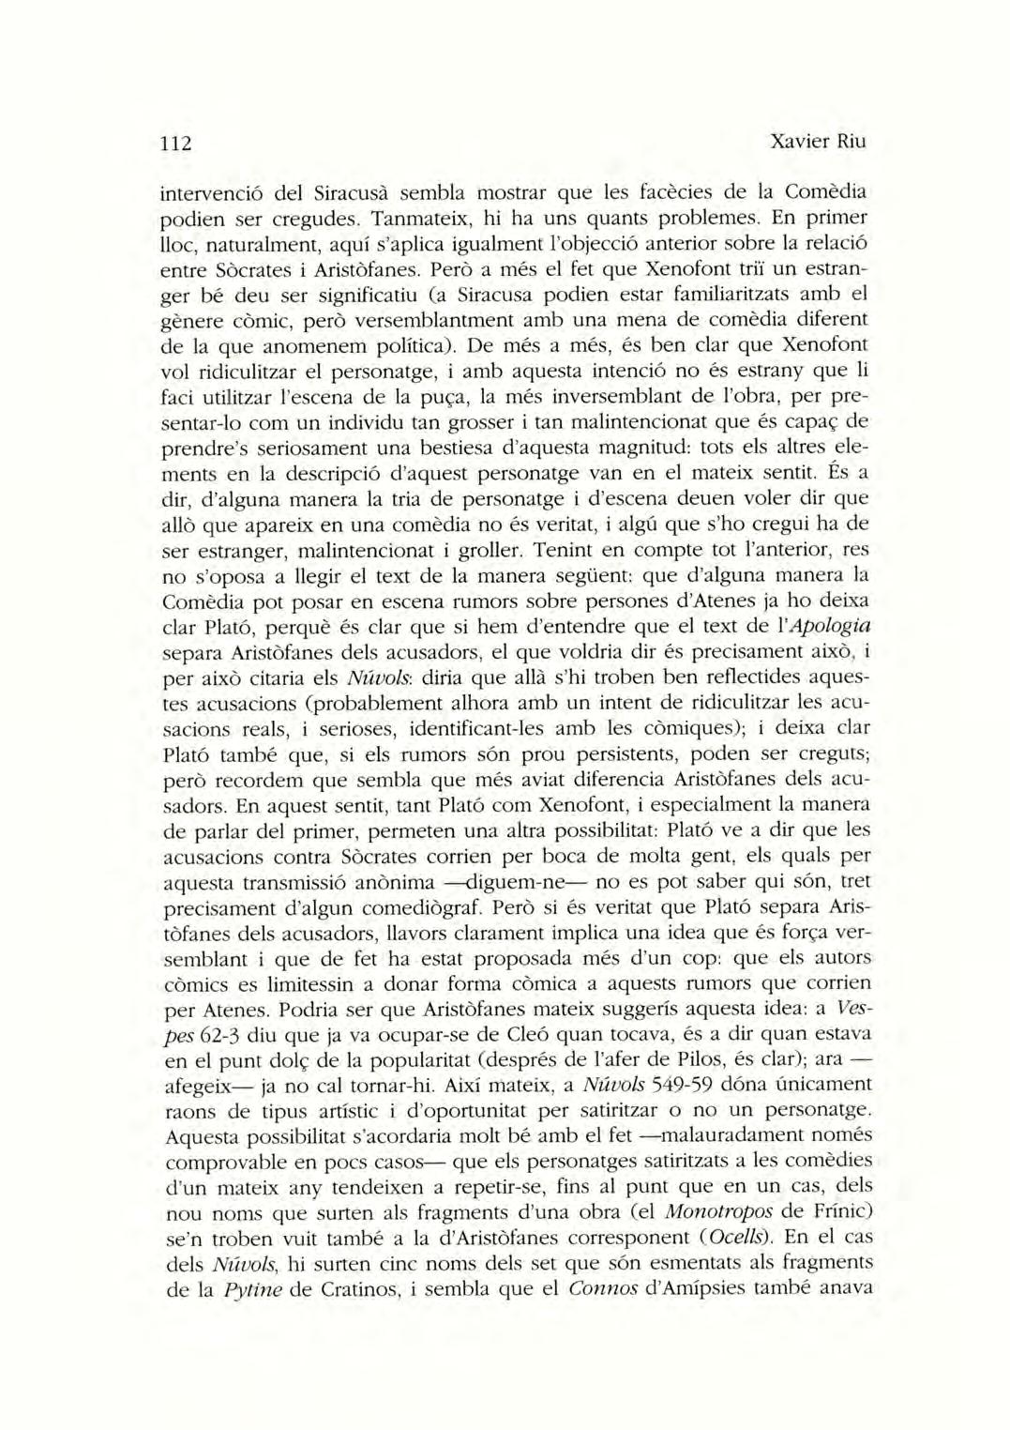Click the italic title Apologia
tap(831, 625)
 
